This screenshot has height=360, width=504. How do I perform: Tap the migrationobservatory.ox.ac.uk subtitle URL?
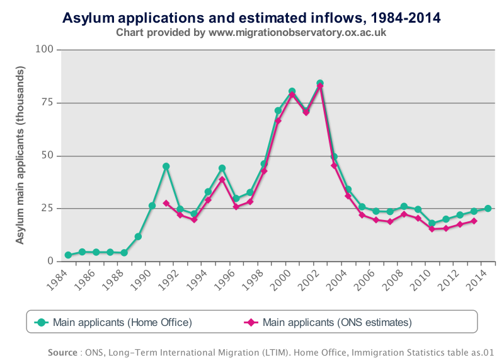(x=296, y=32)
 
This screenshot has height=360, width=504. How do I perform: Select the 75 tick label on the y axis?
(x=48, y=103)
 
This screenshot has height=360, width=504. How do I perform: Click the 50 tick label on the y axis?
(x=48, y=156)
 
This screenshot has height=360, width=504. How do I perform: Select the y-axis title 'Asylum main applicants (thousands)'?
(x=20, y=155)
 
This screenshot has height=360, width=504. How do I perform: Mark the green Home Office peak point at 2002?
(x=320, y=84)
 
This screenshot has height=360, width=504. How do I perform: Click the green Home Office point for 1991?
(x=166, y=166)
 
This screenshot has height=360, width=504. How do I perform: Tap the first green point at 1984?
(x=68, y=255)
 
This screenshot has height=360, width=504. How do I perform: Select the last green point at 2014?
(x=488, y=209)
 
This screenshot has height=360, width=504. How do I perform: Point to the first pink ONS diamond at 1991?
(x=166, y=203)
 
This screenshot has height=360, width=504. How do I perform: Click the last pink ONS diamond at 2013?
(x=474, y=221)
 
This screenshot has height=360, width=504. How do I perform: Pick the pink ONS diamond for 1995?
(x=222, y=180)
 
